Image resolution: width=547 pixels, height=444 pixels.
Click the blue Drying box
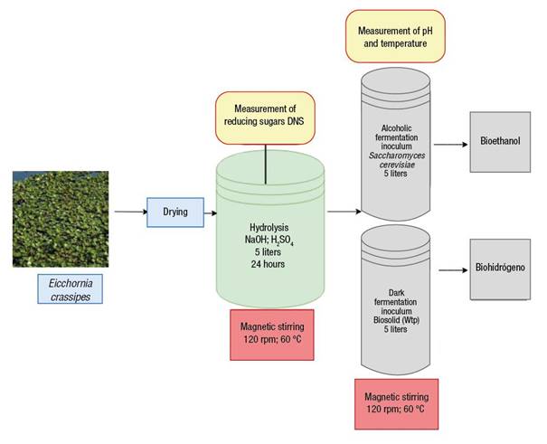point(175,213)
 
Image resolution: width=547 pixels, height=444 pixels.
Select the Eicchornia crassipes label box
point(71,288)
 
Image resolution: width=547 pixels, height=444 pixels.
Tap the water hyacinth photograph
point(61,219)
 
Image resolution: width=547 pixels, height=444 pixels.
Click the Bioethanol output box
point(500,142)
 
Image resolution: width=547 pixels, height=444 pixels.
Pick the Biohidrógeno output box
point(500,269)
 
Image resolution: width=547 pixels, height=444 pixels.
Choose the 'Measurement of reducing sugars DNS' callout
point(265,118)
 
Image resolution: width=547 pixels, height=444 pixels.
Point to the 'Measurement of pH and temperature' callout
point(395,36)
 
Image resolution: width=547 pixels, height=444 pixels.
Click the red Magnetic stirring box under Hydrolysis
point(272,335)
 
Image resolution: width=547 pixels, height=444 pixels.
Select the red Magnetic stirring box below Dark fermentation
point(397,404)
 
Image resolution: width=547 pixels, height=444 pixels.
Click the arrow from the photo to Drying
point(131,212)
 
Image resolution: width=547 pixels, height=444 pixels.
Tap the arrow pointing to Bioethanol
point(451,145)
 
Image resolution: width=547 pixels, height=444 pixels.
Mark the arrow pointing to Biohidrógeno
point(453,270)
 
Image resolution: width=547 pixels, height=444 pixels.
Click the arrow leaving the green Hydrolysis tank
point(344,212)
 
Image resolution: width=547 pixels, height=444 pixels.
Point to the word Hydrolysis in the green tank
point(269,227)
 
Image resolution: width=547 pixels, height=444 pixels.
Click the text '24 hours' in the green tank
point(268,264)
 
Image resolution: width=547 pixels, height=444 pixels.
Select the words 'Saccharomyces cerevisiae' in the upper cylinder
point(397,160)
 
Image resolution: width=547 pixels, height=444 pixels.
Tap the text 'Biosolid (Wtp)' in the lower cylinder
point(396,320)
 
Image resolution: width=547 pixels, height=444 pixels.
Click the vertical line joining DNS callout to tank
point(266,164)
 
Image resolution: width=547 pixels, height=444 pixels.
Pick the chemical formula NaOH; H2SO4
point(269,241)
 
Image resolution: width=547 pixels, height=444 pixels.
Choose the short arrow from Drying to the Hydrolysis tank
point(211,213)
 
